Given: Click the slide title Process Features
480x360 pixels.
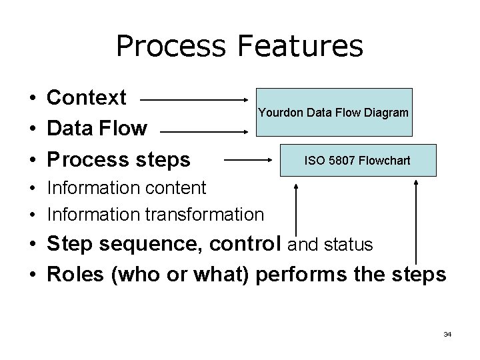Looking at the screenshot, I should [239, 47].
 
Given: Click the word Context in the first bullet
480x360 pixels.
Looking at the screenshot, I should [87, 98].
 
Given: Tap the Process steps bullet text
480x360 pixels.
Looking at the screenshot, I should [118, 160].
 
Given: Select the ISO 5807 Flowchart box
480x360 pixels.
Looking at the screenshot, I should [357, 161].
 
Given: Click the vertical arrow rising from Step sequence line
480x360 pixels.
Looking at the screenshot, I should [295, 210].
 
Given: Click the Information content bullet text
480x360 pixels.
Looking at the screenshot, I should [126, 187].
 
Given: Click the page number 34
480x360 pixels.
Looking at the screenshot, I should [447, 334].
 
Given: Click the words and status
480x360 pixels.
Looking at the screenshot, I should [329, 245].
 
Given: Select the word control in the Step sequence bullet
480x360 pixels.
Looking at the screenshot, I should [247, 245].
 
